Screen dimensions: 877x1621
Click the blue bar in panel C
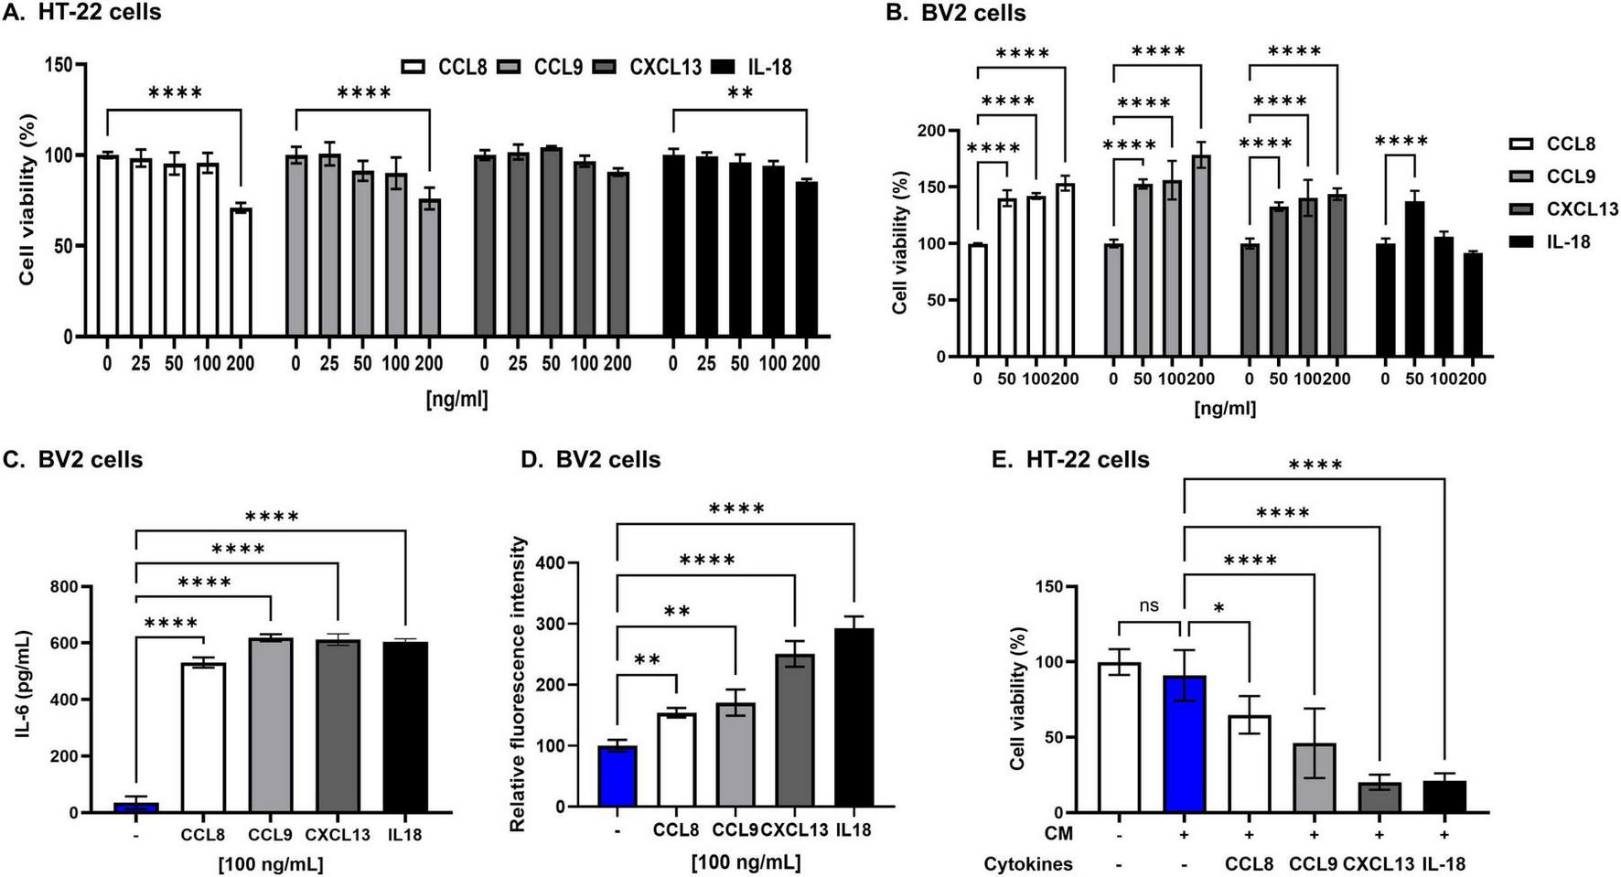[135, 807]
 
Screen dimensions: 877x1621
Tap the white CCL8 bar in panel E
[1248, 764]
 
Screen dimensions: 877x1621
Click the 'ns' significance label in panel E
[1150, 605]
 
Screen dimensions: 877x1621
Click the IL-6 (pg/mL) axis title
[25, 699]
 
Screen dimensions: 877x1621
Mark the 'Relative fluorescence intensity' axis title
[519, 684]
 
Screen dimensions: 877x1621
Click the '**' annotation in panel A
[740, 93]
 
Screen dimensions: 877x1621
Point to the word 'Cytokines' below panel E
[1028, 863]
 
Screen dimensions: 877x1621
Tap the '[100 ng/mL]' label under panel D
[746, 862]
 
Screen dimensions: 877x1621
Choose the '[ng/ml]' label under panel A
[456, 399]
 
